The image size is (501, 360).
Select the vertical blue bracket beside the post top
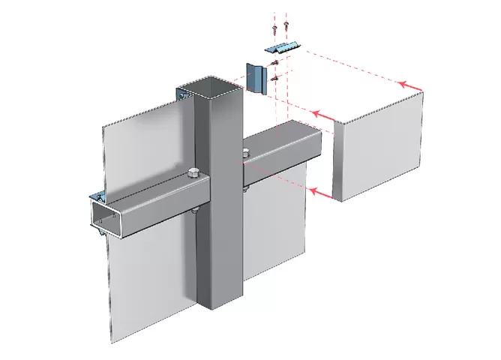tap(257, 77)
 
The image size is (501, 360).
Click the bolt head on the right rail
tap(246, 154)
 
